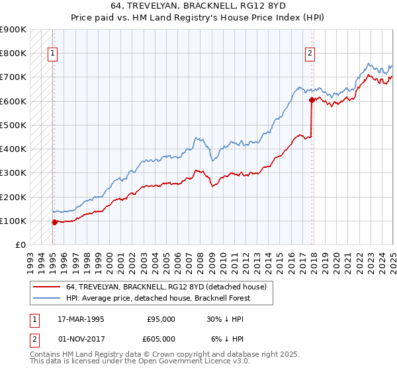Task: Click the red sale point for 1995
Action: point(55,222)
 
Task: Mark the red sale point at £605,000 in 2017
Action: point(312,100)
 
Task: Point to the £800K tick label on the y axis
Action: point(13,53)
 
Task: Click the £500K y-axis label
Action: point(13,125)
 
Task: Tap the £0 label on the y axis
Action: point(20,244)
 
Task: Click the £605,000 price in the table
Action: point(161,338)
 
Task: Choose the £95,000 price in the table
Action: point(161,318)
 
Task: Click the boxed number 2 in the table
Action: point(34,338)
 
